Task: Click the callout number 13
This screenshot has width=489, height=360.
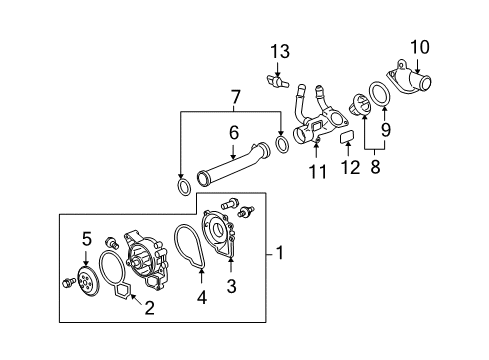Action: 279,52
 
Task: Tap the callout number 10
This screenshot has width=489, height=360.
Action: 419,45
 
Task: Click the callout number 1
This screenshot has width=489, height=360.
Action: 281,254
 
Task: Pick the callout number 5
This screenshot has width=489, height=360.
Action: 86,266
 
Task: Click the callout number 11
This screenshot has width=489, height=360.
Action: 317,173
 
